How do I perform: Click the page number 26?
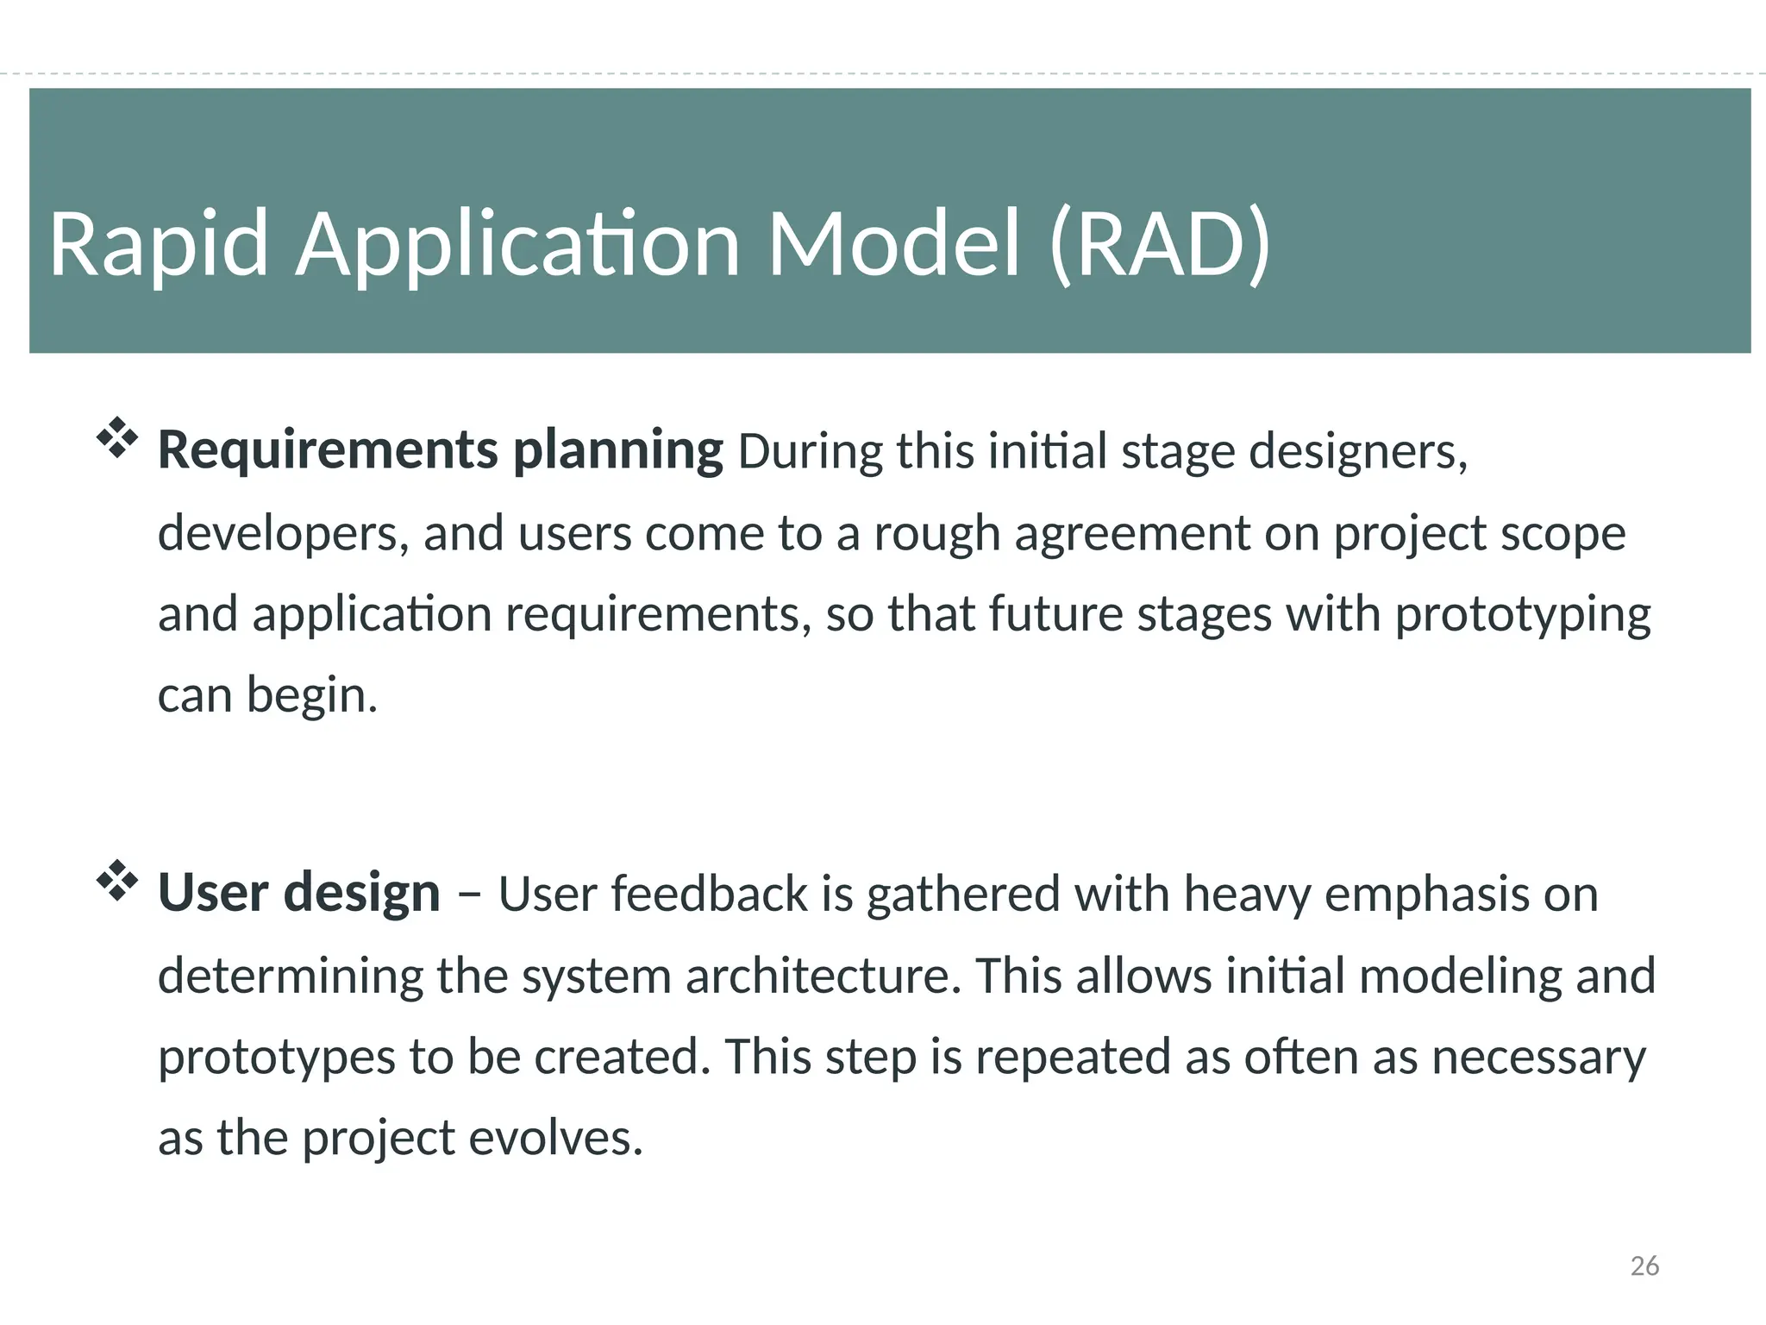(x=1644, y=1265)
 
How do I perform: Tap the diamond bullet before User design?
(x=116, y=881)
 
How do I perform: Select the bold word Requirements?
(x=328, y=450)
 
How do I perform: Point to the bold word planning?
(x=617, y=452)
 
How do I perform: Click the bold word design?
(x=361, y=893)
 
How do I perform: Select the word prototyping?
(x=1522, y=616)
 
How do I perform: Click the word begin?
(x=311, y=696)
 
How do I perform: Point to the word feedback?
(x=709, y=894)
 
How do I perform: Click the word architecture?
(x=823, y=976)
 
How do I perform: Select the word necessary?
(x=1538, y=1058)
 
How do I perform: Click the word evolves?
(x=555, y=1139)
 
